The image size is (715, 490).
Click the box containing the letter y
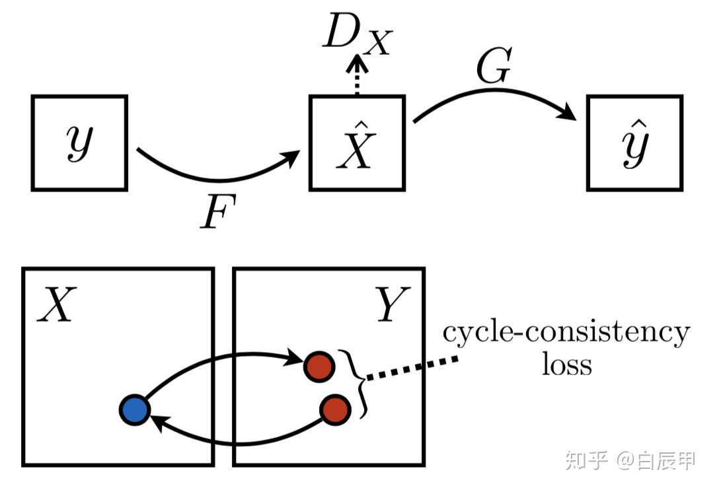pyautogui.click(x=79, y=143)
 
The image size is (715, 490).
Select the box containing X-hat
pyautogui.click(x=356, y=143)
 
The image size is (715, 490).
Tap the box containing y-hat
pyautogui.click(x=634, y=143)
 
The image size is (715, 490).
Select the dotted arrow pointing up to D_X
pyautogui.click(x=357, y=78)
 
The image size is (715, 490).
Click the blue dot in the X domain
pyautogui.click(x=135, y=410)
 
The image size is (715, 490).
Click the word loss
pyautogui.click(x=566, y=365)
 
